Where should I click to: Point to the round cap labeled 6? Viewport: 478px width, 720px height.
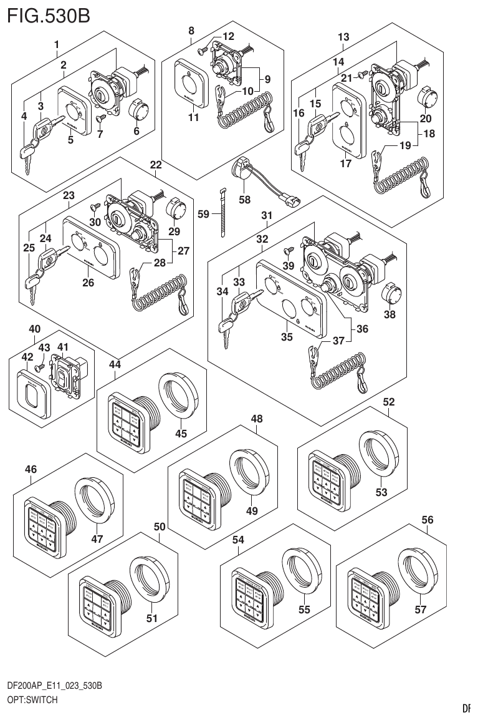[x=138, y=112]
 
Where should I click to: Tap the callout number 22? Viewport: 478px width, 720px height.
[x=155, y=165]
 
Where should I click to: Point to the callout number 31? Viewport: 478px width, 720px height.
[x=267, y=215]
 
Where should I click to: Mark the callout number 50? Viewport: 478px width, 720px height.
[x=160, y=527]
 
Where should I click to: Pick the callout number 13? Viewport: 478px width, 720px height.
[x=343, y=37]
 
